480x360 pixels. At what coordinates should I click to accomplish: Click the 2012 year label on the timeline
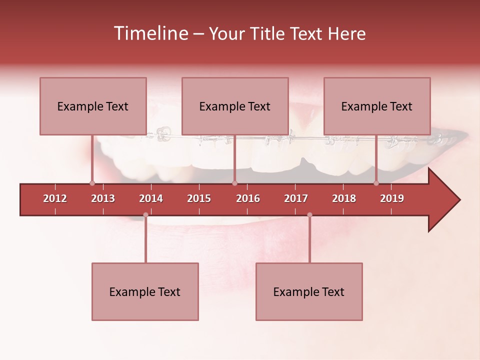pos(55,198)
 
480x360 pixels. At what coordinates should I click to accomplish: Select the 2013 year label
pos(103,198)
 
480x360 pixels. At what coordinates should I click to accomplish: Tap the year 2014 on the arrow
pos(151,198)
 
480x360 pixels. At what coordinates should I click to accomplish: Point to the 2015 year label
pos(199,198)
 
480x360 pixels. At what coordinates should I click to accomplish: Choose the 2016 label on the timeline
pos(248,198)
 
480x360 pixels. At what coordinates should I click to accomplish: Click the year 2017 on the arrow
pos(296,198)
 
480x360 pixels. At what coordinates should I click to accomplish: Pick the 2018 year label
pos(344,198)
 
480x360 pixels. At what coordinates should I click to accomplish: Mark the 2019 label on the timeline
pos(392,198)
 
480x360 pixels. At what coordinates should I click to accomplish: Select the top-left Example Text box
pos(93,106)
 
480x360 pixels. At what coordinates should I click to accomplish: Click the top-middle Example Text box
pos(235,106)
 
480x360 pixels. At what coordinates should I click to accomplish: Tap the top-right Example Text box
pos(377,106)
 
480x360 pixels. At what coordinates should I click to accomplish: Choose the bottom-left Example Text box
pos(145,292)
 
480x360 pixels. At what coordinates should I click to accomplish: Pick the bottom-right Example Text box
pos(309,292)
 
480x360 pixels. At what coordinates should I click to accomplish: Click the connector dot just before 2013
pos(92,183)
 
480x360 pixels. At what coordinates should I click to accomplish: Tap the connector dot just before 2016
pos(234,183)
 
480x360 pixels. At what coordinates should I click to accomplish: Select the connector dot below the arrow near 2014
pos(145,214)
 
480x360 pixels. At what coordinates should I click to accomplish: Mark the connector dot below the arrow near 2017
pos(309,214)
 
